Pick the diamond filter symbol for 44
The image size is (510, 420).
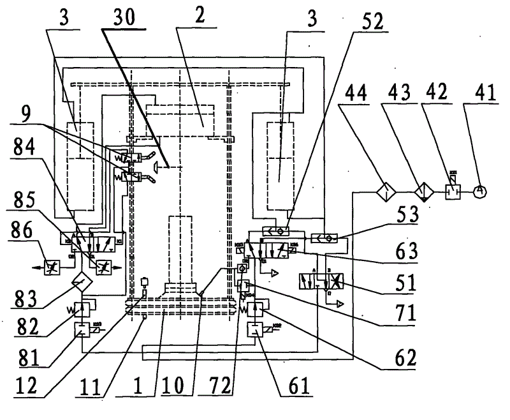click(386, 190)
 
